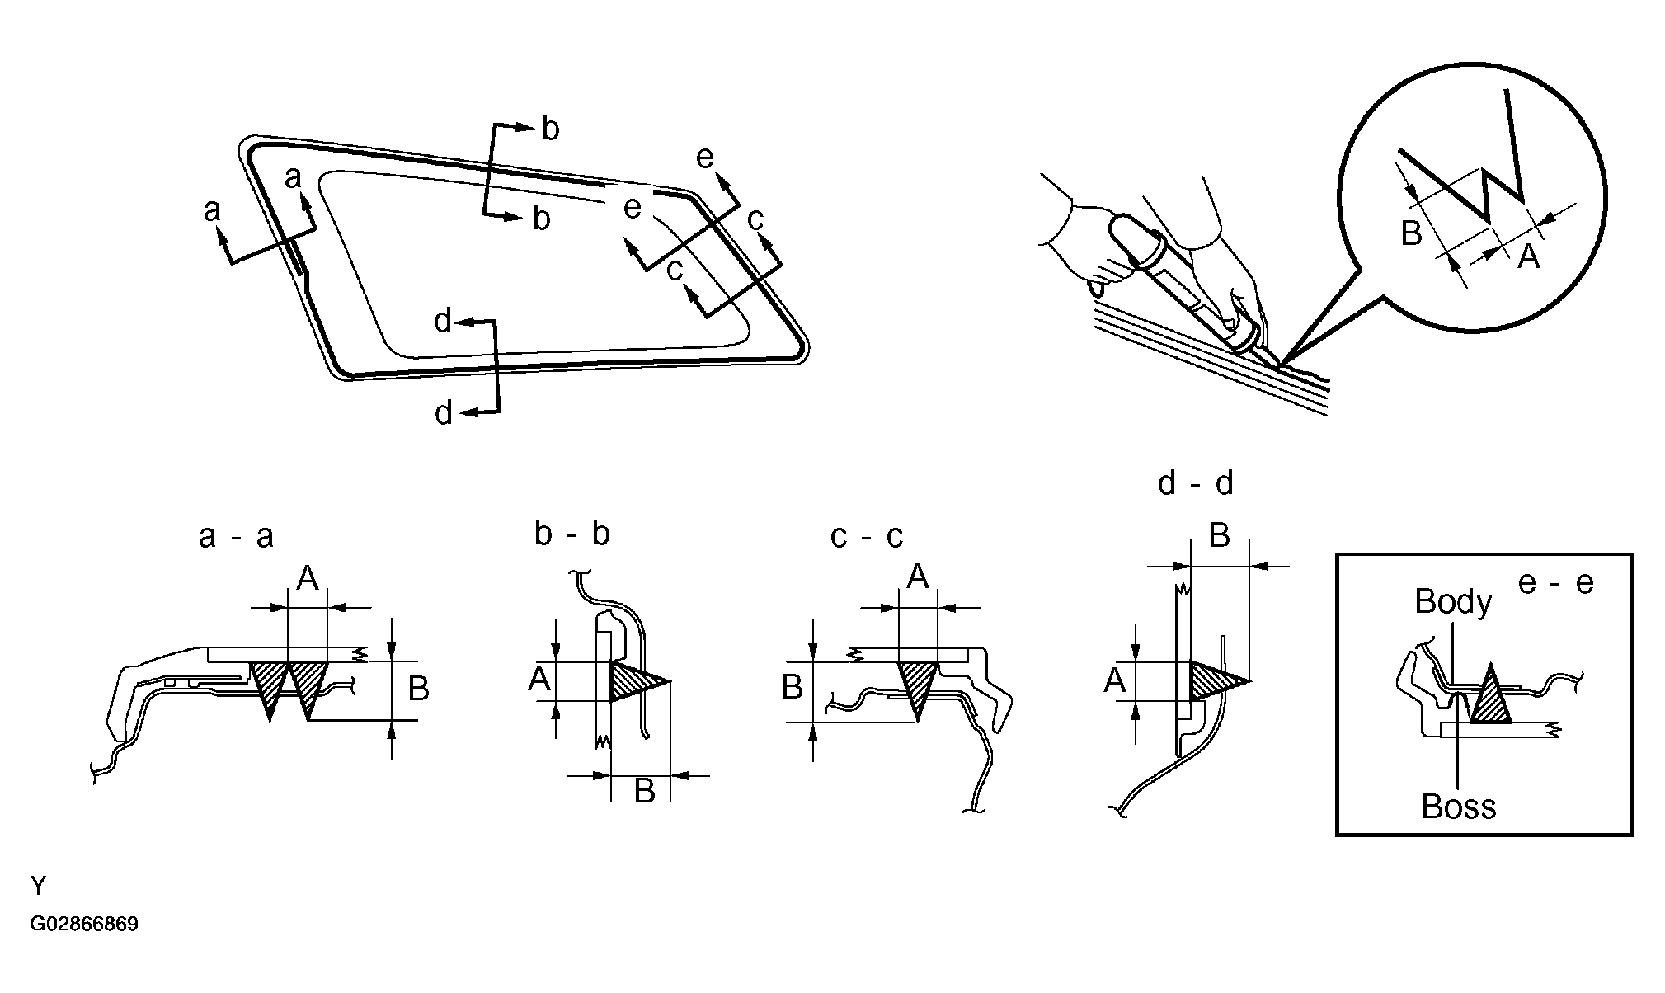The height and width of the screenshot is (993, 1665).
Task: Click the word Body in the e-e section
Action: click(x=1452, y=602)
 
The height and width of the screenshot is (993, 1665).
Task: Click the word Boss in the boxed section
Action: click(x=1458, y=806)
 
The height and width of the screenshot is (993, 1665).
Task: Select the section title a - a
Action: click(x=236, y=537)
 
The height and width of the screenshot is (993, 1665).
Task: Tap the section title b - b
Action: click(x=571, y=534)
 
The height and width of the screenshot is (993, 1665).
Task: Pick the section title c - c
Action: click(x=867, y=537)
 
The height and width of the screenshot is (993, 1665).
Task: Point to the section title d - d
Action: click(x=1195, y=483)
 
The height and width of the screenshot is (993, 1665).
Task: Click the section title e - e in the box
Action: click(x=1555, y=583)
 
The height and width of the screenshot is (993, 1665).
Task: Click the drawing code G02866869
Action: click(x=84, y=924)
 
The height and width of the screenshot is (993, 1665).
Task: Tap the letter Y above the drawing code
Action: click(x=39, y=887)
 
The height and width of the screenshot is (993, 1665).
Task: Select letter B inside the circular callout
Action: click(x=1411, y=234)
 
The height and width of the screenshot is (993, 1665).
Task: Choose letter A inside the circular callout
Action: click(x=1528, y=257)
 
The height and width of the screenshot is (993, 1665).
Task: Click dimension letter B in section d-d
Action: click(x=1219, y=536)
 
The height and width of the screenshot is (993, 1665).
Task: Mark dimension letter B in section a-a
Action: click(x=418, y=689)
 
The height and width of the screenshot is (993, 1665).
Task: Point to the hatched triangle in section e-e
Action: click(x=1490, y=699)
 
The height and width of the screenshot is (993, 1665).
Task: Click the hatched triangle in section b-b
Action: click(x=633, y=681)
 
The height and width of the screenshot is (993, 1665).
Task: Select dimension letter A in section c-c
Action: click(x=918, y=577)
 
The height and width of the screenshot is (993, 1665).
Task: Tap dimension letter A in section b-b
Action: click(x=539, y=680)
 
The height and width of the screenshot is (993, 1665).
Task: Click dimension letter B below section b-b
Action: click(x=644, y=791)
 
